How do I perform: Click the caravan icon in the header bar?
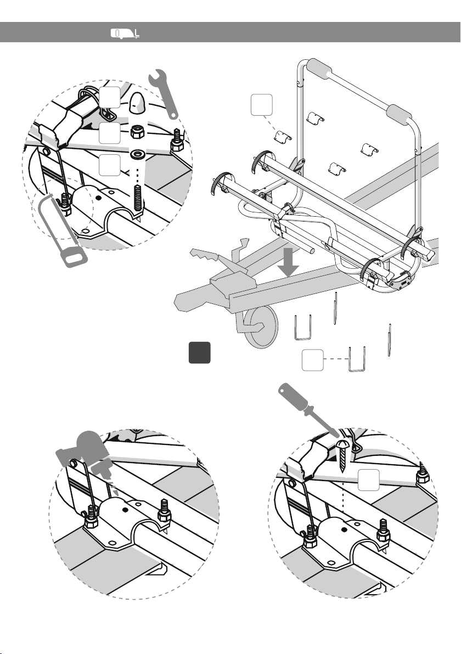click(126, 33)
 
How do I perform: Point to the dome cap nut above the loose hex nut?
click(136, 102)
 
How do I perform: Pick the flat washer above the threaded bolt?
click(136, 153)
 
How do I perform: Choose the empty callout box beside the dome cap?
click(110, 97)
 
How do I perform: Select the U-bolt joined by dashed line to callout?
click(357, 359)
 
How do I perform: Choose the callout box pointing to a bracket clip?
click(260, 105)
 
